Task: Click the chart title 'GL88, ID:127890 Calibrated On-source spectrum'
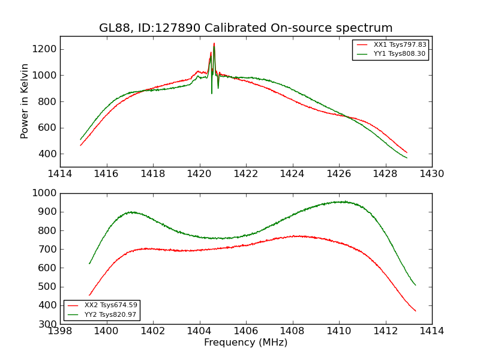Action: pos(246,28)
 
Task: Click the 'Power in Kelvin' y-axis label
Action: pos(25,101)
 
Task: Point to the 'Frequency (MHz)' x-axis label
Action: pos(246,343)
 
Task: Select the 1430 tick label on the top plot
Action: pos(431,174)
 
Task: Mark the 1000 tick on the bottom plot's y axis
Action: pos(45,193)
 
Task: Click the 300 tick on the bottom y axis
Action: pos(48,324)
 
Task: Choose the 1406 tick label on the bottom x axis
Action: pos(246,331)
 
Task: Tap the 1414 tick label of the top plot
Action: pos(60,174)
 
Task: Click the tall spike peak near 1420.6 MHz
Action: pos(214,43)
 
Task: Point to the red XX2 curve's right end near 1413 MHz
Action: pos(415,311)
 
